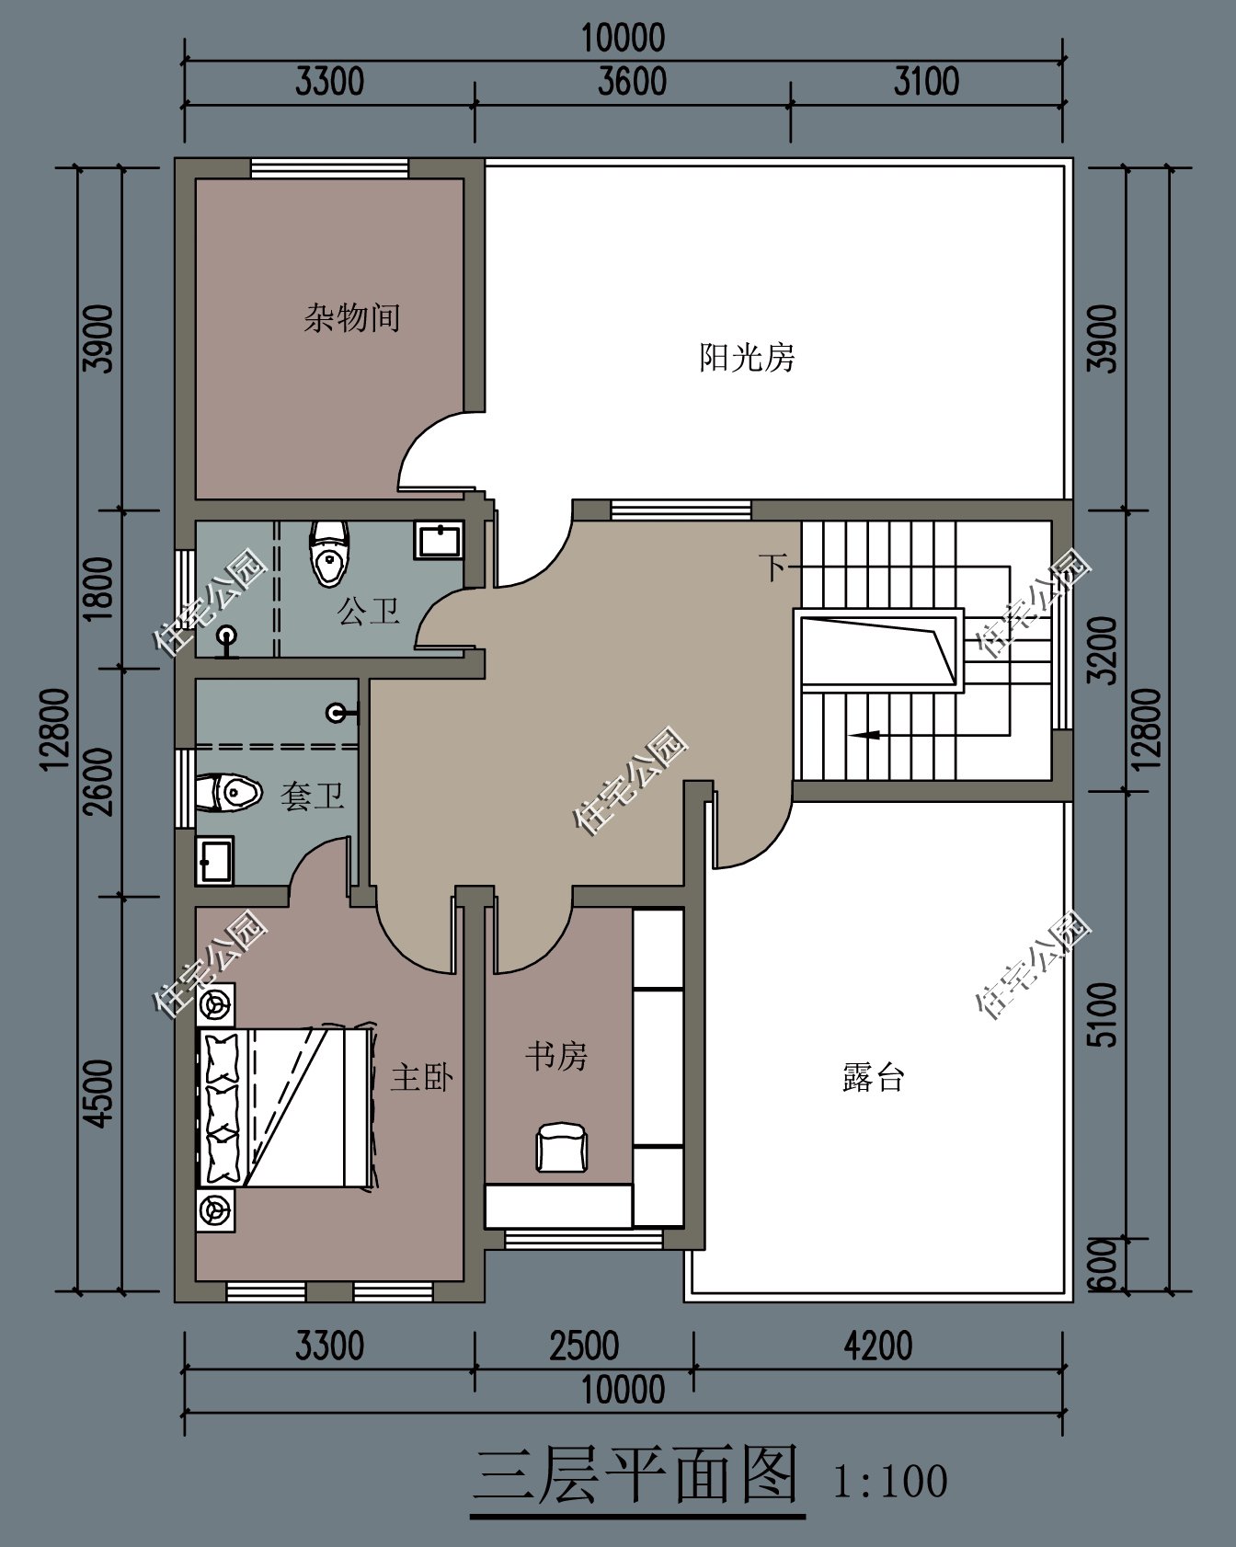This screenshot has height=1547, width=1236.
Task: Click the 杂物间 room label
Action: click(x=351, y=318)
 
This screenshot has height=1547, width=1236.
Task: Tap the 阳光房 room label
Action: click(x=746, y=357)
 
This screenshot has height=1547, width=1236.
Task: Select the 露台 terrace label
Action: click(x=873, y=1077)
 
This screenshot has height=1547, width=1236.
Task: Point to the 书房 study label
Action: click(x=555, y=1056)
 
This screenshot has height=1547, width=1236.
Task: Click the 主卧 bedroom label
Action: click(x=421, y=1077)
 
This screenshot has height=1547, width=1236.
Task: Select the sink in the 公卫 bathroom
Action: click(x=439, y=540)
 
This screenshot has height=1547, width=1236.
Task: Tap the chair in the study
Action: click(x=562, y=1147)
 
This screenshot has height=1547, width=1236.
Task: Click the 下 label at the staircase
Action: click(x=772, y=567)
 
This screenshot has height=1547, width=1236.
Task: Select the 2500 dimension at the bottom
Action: click(x=583, y=1346)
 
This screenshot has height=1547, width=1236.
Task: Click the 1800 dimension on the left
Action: click(x=98, y=588)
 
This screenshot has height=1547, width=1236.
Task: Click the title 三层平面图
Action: click(x=636, y=1476)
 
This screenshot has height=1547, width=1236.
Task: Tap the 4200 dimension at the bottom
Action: click(x=877, y=1346)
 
